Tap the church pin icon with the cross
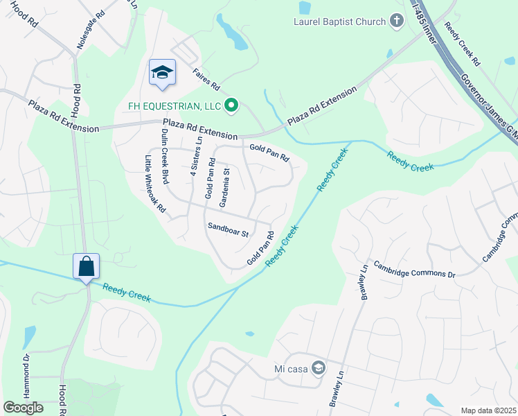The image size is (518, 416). pos(397,21)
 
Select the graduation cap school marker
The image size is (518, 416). pos(162,73)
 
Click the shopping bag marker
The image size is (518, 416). pos(87,267)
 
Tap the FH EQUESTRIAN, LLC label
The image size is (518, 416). pos(173,106)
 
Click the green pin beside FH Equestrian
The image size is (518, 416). pos(233,105)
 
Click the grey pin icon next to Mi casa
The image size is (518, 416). pos(319,367)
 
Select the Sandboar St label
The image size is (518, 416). pos(228,229)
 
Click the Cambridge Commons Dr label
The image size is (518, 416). pos(414,269)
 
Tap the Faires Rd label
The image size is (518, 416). pos(206,85)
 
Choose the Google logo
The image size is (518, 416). pos(23,408)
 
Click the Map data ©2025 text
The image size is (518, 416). pos(488,410)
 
